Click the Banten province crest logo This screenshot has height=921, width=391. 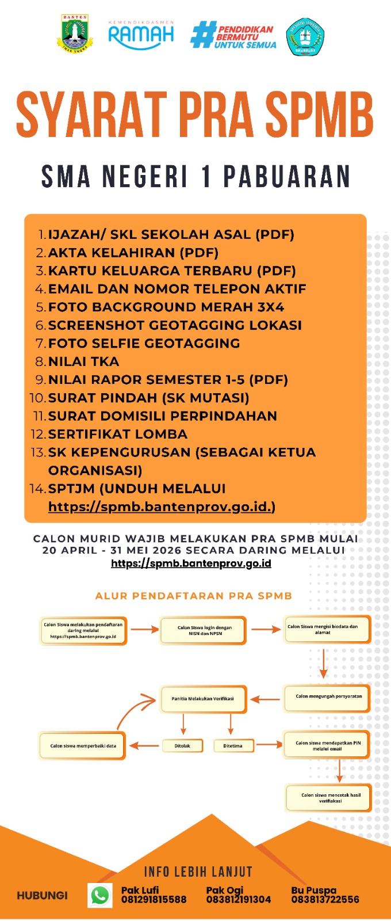(x=75, y=35)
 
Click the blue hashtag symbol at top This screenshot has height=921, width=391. (x=202, y=35)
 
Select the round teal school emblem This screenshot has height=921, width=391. (x=305, y=36)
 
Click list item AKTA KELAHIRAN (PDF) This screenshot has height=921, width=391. (x=133, y=253)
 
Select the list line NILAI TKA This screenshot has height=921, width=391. (x=83, y=361)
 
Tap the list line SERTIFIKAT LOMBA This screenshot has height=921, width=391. (x=117, y=434)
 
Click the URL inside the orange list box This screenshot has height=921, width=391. (x=162, y=507)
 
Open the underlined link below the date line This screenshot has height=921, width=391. (x=191, y=563)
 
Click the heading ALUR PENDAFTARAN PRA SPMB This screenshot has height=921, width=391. (x=194, y=596)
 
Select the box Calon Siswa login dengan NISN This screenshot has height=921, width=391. (x=204, y=630)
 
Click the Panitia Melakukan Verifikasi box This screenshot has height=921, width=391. (x=203, y=699)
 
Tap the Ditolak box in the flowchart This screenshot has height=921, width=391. (x=182, y=745)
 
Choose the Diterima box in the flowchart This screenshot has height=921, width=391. (x=232, y=745)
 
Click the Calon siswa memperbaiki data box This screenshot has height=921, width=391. (x=83, y=745)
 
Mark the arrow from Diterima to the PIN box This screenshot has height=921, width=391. (x=269, y=745)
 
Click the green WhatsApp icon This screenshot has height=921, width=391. (x=100, y=895)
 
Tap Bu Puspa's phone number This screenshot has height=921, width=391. (x=325, y=900)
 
